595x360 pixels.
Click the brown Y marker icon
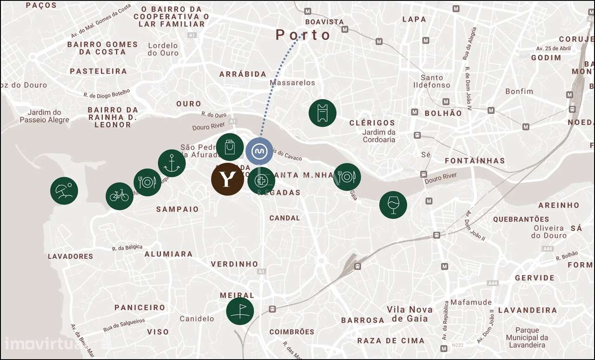coord(227,179)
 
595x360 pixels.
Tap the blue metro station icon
coord(259,151)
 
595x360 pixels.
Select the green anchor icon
coord(172,163)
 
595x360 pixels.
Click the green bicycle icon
coord(119,196)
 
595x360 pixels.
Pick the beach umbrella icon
coord(64,191)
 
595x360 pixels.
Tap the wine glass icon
coord(393,204)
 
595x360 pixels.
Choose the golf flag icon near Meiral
coord(240,311)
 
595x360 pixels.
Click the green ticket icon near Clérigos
coord(322,113)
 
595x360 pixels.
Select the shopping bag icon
coord(230,147)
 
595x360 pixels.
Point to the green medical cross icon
coord(261,181)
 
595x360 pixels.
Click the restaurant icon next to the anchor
coord(147,182)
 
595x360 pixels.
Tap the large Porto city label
coord(303,35)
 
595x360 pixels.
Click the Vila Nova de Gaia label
coord(409,314)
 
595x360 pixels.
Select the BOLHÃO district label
coord(443,113)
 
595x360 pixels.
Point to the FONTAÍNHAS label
coord(475,161)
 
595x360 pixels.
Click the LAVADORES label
coord(70,256)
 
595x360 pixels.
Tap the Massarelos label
coord(292,83)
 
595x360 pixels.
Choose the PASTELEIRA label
coord(98,71)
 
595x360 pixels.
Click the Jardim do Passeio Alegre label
coord(44,116)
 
